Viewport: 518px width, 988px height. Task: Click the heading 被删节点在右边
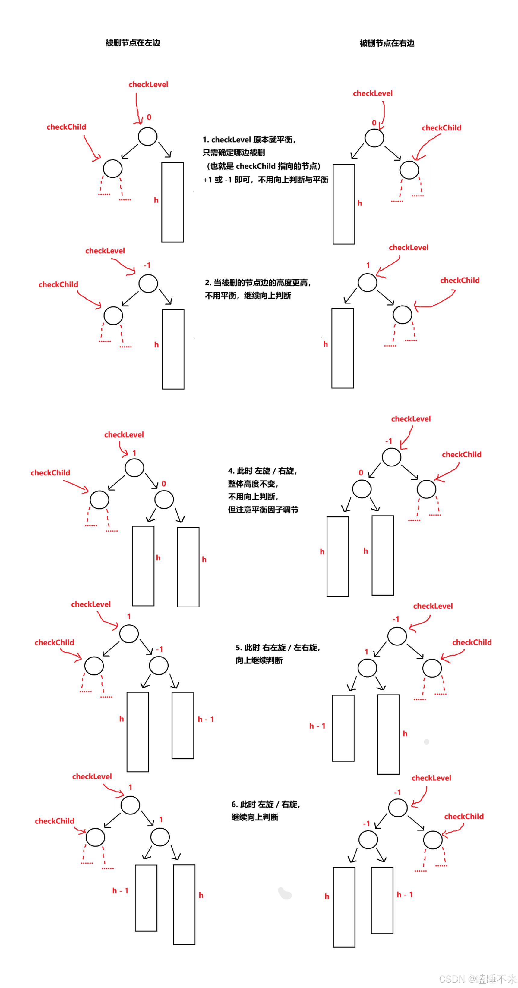[387, 43]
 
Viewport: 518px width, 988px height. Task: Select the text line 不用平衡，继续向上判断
[248, 295]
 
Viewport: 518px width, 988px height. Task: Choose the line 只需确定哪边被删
[233, 153]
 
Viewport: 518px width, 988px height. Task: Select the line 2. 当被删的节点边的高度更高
[257, 283]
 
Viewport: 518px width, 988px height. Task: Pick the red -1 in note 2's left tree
[147, 265]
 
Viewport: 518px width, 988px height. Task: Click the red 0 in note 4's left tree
[163, 484]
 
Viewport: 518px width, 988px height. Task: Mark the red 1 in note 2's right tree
[368, 265]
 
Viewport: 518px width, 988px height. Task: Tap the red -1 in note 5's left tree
[159, 649]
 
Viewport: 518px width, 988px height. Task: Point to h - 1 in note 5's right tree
[317, 726]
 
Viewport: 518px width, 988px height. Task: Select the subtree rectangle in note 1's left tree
[172, 202]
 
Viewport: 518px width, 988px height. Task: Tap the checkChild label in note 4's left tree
[50, 472]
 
